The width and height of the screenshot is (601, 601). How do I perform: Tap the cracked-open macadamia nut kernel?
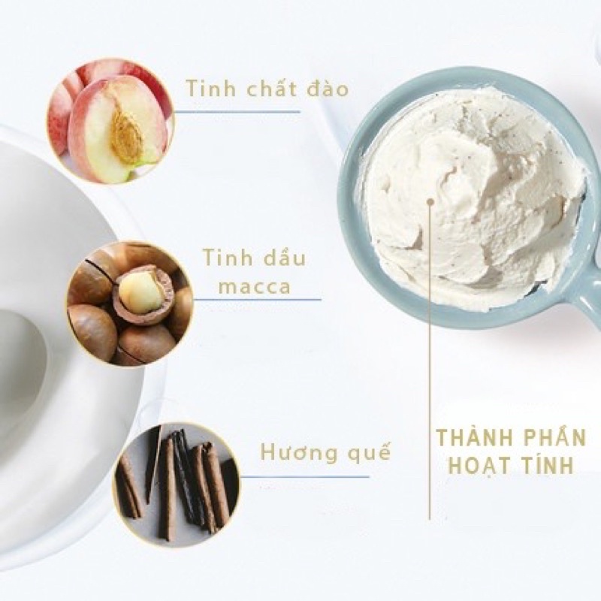click(x=140, y=291)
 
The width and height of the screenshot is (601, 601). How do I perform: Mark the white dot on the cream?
click(x=430, y=201)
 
